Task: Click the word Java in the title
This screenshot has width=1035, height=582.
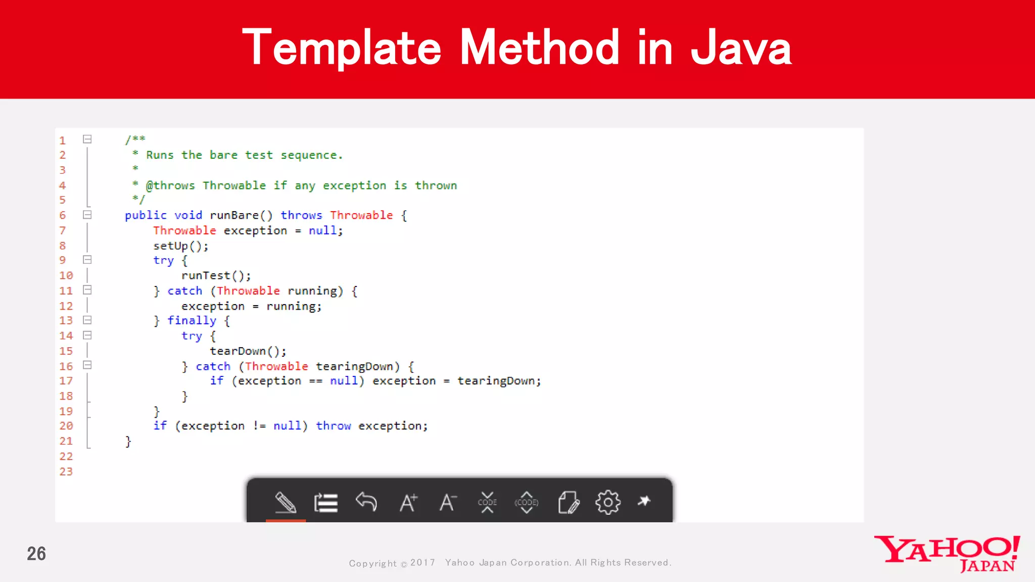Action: (x=741, y=48)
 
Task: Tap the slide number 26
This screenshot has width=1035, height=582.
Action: (x=36, y=554)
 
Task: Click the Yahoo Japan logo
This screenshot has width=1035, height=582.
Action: (x=947, y=554)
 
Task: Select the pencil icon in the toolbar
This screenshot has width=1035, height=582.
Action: (x=286, y=502)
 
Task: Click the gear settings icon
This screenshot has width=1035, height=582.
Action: (x=607, y=502)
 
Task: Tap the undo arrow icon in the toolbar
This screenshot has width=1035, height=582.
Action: (x=366, y=502)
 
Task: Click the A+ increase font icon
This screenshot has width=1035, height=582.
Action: (x=408, y=502)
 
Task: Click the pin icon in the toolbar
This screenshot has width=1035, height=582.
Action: (x=644, y=501)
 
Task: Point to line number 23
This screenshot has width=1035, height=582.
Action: (x=66, y=471)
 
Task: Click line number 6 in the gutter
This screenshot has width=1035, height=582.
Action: (x=63, y=215)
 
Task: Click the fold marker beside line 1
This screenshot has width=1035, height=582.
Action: (x=87, y=139)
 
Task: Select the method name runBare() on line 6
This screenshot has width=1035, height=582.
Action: (x=241, y=215)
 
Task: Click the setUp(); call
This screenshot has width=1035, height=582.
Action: (x=181, y=246)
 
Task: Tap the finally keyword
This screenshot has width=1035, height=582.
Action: (x=192, y=321)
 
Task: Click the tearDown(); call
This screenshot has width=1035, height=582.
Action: (x=248, y=351)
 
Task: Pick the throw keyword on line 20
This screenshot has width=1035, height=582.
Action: (x=333, y=426)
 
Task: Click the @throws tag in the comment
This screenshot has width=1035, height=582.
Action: (x=170, y=185)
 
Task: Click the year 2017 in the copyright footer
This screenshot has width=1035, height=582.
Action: (x=422, y=562)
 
